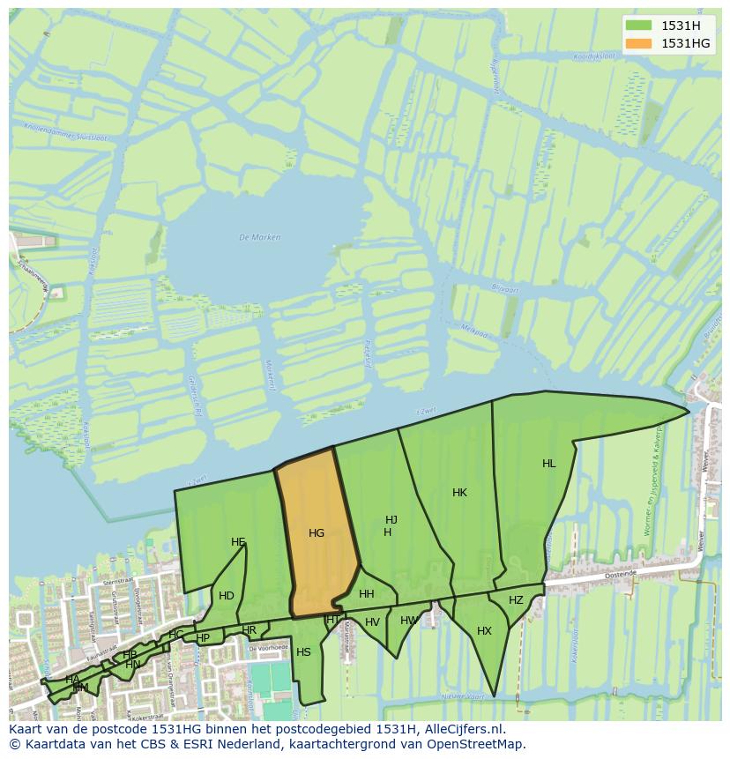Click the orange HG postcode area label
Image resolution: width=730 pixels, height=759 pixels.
(317, 533)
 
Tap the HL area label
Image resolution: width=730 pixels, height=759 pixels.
(549, 464)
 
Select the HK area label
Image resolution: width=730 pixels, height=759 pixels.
(459, 493)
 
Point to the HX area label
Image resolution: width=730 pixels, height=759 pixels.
(484, 631)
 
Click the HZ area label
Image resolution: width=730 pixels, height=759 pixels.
(516, 600)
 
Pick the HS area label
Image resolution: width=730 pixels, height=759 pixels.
(303, 652)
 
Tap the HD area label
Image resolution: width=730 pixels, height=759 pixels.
(227, 596)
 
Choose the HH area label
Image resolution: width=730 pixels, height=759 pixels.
(367, 594)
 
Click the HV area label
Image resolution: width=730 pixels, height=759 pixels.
(372, 622)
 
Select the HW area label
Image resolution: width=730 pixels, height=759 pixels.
(408, 621)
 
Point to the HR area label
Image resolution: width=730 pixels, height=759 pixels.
(250, 630)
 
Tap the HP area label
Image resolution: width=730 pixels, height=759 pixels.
(204, 638)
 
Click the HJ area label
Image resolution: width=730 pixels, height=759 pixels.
(391, 520)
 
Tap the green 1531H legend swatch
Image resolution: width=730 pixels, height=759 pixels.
(639, 26)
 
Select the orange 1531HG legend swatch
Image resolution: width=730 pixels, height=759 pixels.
(639, 43)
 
